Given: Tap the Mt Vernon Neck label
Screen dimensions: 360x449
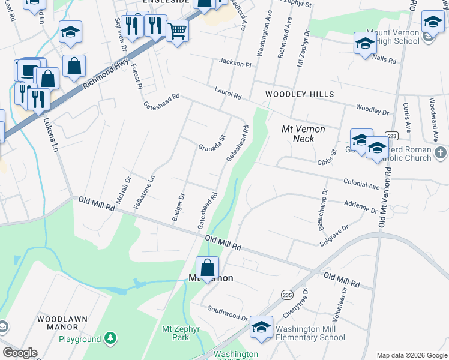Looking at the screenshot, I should pyautogui.click(x=303, y=134).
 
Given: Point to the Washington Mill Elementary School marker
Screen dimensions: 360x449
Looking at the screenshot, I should pyautogui.click(x=261, y=327).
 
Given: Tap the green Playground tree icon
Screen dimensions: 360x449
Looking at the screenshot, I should pyautogui.click(x=110, y=339).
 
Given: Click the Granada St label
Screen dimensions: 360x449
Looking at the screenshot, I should pyautogui.click(x=212, y=143).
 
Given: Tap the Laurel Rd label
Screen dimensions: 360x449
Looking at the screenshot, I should pyautogui.click(x=228, y=92).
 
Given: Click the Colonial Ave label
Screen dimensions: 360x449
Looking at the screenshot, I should pyautogui.click(x=361, y=183).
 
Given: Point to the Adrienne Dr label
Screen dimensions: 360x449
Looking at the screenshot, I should pyautogui.click(x=360, y=207).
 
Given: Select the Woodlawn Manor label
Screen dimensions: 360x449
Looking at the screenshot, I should pyautogui.click(x=58, y=323).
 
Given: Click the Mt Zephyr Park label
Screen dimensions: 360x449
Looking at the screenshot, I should pyautogui.click(x=175, y=333).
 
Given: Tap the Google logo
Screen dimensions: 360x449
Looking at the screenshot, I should pyautogui.click(x=19, y=353).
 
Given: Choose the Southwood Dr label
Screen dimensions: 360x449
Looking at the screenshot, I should pyautogui.click(x=228, y=313).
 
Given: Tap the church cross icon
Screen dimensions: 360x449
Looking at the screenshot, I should pyautogui.click(x=441, y=152).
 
